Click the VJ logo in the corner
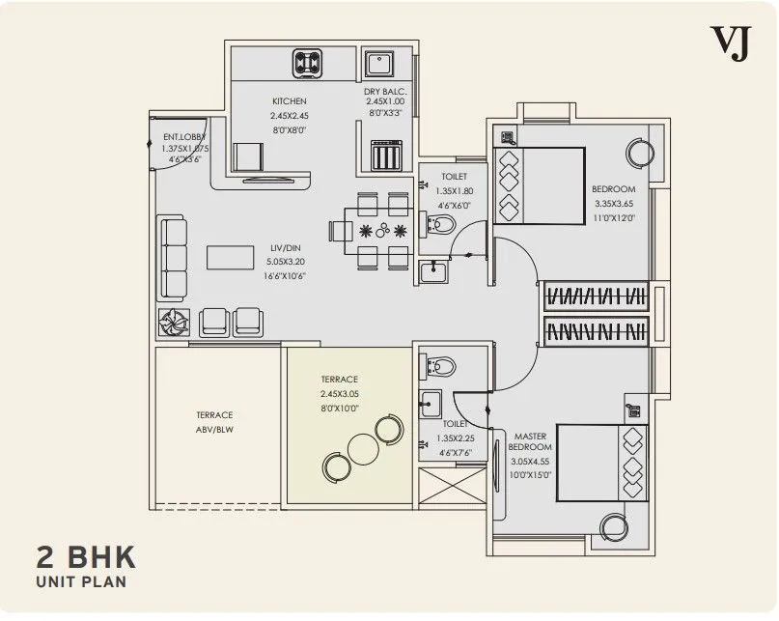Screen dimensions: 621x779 coord(730,43)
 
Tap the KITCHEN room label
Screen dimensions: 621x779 coord(289,101)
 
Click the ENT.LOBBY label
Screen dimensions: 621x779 coord(185,137)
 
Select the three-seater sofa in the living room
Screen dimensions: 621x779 coord(173,258)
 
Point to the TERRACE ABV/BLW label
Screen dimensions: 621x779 coord(214,422)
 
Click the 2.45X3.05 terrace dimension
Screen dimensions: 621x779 coord(340,394)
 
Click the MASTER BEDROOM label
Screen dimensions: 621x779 coord(530,441)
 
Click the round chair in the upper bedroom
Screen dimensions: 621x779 coord(638,154)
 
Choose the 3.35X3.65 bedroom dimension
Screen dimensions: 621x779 coord(613,204)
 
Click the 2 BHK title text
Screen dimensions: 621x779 coord(86,557)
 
